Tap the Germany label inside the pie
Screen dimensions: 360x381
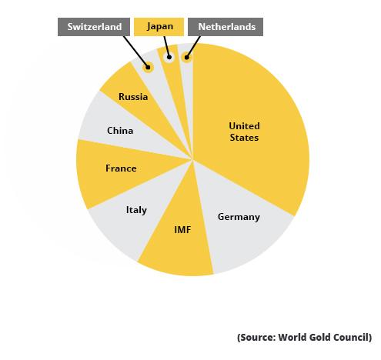click(239, 217)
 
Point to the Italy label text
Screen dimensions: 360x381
click(136, 210)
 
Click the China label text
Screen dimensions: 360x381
click(120, 131)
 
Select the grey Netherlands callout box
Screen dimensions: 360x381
click(226, 27)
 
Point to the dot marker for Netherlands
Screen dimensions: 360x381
click(185, 57)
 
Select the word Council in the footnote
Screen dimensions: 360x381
click(352, 337)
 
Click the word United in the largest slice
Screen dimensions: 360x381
click(245, 126)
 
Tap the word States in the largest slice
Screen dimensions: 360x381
click(245, 138)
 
